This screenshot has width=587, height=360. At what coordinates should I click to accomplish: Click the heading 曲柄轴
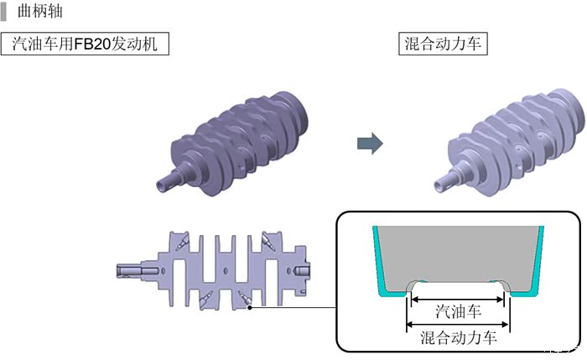point(39,11)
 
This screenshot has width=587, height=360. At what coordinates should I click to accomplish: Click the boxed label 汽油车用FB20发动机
point(85,44)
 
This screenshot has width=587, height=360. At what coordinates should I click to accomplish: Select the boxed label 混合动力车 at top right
point(443,44)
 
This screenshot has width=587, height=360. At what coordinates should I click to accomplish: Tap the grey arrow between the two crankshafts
point(370,143)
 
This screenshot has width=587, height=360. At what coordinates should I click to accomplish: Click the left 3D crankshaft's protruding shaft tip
point(162,185)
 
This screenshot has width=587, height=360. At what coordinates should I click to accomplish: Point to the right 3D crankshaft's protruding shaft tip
point(439,185)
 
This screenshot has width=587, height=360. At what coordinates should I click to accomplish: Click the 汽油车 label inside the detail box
point(458,311)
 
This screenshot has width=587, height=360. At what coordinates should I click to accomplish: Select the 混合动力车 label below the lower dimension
point(458,337)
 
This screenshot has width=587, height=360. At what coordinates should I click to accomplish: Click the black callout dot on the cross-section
point(250,308)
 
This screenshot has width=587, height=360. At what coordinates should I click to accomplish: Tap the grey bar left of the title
point(3,12)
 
